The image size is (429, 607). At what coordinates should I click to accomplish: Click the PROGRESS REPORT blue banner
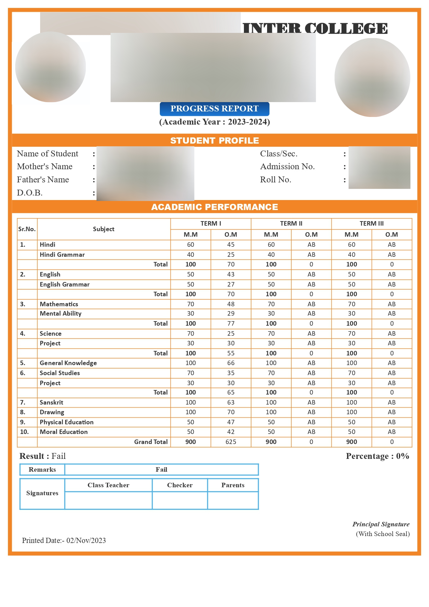214,109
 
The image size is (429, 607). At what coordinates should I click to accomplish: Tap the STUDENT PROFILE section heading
214,141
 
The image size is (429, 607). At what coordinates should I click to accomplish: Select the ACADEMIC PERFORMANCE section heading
214,207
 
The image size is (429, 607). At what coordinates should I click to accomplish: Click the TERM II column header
291,224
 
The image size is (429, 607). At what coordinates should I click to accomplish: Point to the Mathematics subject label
59,304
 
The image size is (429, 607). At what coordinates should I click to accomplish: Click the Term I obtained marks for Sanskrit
231,402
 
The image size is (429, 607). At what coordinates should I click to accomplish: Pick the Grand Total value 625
231,442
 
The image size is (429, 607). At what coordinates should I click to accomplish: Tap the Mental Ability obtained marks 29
231,314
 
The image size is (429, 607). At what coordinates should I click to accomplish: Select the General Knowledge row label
68,363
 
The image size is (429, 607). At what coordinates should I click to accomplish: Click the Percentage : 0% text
377,456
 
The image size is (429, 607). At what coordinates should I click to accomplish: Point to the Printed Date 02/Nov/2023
64,541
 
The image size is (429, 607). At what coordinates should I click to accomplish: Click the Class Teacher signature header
108,485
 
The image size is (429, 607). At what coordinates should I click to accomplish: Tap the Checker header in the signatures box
180,485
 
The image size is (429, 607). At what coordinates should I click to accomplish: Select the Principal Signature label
381,524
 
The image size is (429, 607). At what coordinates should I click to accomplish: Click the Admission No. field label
287,166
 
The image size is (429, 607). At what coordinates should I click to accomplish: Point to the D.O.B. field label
30,193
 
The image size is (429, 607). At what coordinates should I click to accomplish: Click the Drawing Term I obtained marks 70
231,412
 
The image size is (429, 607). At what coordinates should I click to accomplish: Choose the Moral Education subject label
64,432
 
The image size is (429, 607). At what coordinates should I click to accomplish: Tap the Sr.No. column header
27,229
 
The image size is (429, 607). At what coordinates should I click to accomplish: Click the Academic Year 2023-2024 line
214,122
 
